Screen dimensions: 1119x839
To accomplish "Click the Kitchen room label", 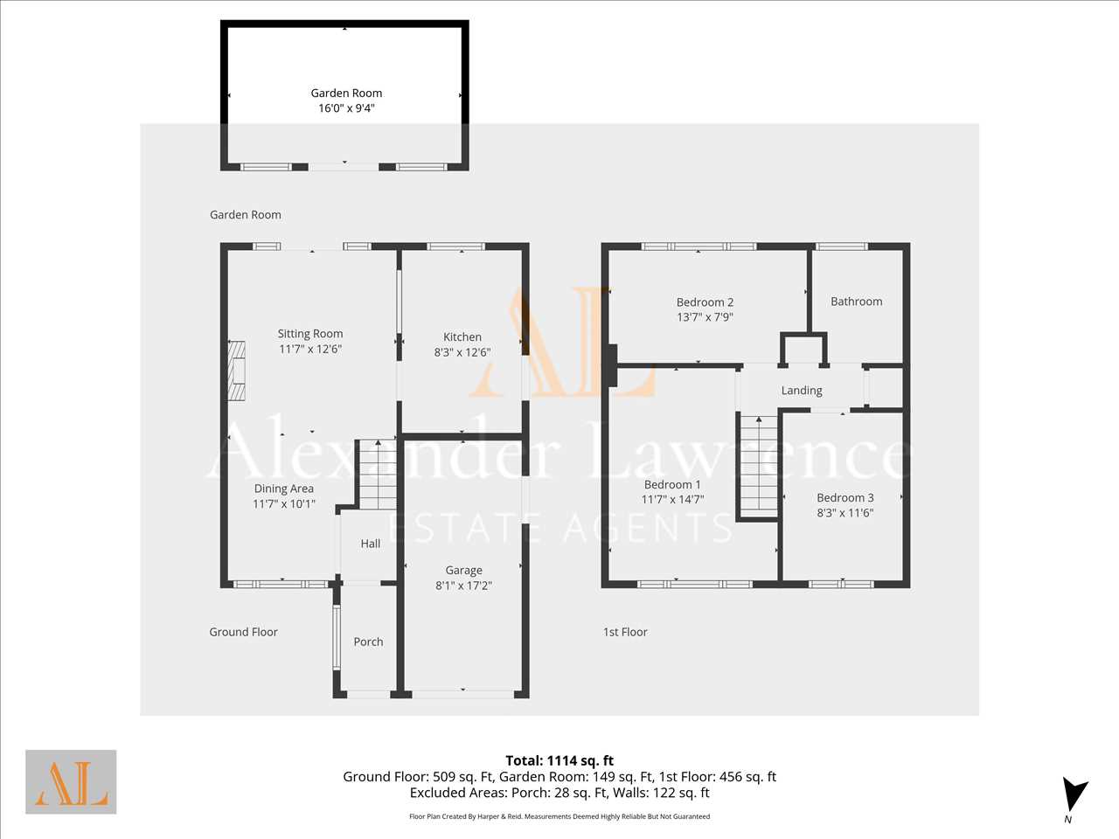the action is pyautogui.click(x=462, y=336).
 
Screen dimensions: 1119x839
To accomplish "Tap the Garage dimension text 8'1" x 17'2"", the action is pyautogui.click(x=463, y=586).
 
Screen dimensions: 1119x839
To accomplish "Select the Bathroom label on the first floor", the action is pyautogui.click(x=857, y=301).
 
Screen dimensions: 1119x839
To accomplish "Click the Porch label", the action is pyautogui.click(x=368, y=641).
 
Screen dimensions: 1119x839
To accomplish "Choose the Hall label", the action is pyautogui.click(x=370, y=544).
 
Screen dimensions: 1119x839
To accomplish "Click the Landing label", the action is pyautogui.click(x=802, y=391).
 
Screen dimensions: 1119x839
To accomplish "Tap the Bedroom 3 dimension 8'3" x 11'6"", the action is pyautogui.click(x=845, y=512).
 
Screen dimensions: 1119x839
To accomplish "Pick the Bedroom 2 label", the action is pyautogui.click(x=705, y=302).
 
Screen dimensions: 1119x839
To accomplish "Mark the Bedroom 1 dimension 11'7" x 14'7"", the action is pyautogui.click(x=672, y=499).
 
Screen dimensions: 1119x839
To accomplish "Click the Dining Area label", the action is pyautogui.click(x=284, y=489).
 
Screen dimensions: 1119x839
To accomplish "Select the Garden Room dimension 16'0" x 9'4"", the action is pyautogui.click(x=347, y=108).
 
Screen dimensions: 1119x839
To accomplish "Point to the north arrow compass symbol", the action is pyautogui.click(x=1074, y=794).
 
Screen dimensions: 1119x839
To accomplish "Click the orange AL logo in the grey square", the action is pyautogui.click(x=71, y=781).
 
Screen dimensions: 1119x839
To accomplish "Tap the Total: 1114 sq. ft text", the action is pyautogui.click(x=559, y=760).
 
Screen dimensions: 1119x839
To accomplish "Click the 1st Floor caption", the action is pyautogui.click(x=625, y=632).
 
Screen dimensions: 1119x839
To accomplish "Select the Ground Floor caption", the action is pyautogui.click(x=243, y=632).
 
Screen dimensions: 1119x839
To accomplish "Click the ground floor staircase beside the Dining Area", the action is pyautogui.click(x=378, y=475).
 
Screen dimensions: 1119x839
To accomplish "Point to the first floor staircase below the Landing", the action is pyautogui.click(x=759, y=467).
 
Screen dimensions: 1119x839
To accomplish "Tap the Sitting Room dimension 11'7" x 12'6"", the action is pyautogui.click(x=310, y=349).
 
